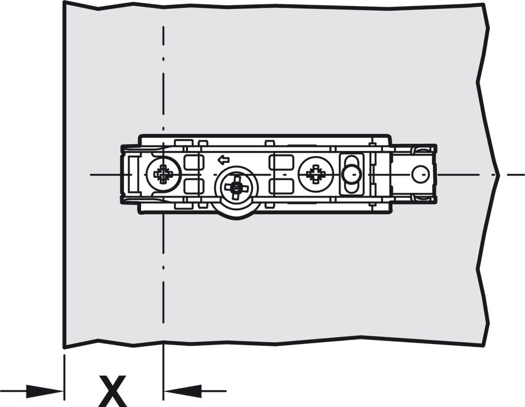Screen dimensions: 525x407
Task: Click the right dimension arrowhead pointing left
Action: click(183, 391)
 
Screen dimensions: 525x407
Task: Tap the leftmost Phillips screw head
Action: click(163, 174)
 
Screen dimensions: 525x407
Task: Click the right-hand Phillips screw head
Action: click(315, 174)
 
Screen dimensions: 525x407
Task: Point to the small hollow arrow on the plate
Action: click(223, 160)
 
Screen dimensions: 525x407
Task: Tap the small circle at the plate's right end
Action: click(420, 174)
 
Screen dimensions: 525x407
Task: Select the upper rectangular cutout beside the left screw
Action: click(194, 162)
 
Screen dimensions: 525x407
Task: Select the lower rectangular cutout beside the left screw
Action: click(194, 186)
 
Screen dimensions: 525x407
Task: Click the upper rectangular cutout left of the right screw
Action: click(281, 162)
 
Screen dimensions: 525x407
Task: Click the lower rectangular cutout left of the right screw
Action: click(281, 186)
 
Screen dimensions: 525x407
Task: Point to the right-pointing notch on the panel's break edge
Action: click(498, 175)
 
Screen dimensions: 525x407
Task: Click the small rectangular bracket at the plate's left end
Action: click(131, 174)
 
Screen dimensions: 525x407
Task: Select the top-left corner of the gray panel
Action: click(64, 1)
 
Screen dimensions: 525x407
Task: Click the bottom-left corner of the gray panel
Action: click(64, 348)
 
